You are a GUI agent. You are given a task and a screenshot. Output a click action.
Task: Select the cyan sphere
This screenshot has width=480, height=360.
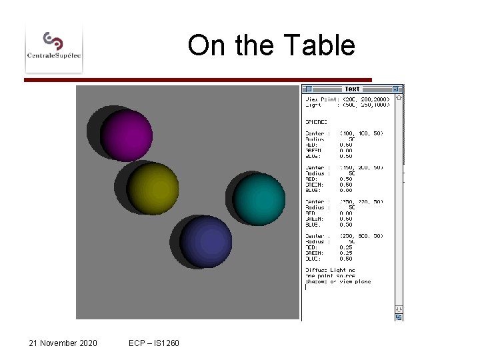[x=259, y=199]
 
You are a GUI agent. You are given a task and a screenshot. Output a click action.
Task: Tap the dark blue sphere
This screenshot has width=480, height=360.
[x=206, y=241]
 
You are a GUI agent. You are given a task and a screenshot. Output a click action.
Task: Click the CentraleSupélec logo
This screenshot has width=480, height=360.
[x=53, y=47]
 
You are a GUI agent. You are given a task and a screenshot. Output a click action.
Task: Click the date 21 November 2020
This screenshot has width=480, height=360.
[x=63, y=343]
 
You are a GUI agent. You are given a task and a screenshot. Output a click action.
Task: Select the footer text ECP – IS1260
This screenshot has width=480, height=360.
[x=154, y=343]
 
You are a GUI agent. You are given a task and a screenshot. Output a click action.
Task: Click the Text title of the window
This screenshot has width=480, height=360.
[x=352, y=89]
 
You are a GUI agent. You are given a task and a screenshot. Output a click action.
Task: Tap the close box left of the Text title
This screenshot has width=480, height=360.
[x=307, y=89]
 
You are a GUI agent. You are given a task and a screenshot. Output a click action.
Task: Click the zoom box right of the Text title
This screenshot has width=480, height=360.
[x=396, y=89]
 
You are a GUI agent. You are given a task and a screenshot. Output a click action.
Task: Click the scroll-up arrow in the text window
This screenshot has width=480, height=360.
[x=399, y=97]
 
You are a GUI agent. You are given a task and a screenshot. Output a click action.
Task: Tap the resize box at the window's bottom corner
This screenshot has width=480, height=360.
[x=399, y=317]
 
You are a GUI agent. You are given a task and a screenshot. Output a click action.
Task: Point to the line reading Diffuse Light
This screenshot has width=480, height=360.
[x=331, y=270]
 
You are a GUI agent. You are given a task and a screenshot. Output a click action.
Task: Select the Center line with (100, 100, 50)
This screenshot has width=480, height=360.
[x=344, y=133]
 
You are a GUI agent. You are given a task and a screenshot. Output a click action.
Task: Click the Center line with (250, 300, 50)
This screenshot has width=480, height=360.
[x=344, y=236]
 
